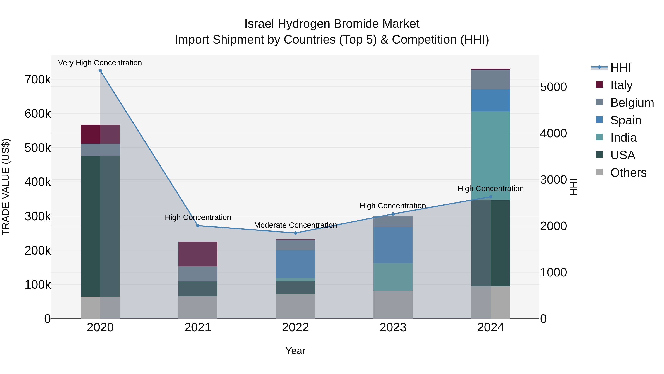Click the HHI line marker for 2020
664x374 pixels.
[100, 71]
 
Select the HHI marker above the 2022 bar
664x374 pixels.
[295, 233]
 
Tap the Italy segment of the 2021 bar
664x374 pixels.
[198, 254]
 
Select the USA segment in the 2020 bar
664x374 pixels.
[100, 226]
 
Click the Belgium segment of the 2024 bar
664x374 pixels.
[490, 79]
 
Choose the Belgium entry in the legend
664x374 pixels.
[632, 103]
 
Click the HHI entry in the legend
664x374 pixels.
[620, 68]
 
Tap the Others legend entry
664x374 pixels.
[628, 173]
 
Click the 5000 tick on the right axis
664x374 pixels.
[553, 87]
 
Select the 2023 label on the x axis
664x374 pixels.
[393, 327]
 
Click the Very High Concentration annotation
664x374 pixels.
[100, 63]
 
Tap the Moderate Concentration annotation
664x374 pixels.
[295, 225]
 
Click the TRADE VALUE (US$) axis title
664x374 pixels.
[6, 187]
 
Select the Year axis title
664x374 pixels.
[295, 351]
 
